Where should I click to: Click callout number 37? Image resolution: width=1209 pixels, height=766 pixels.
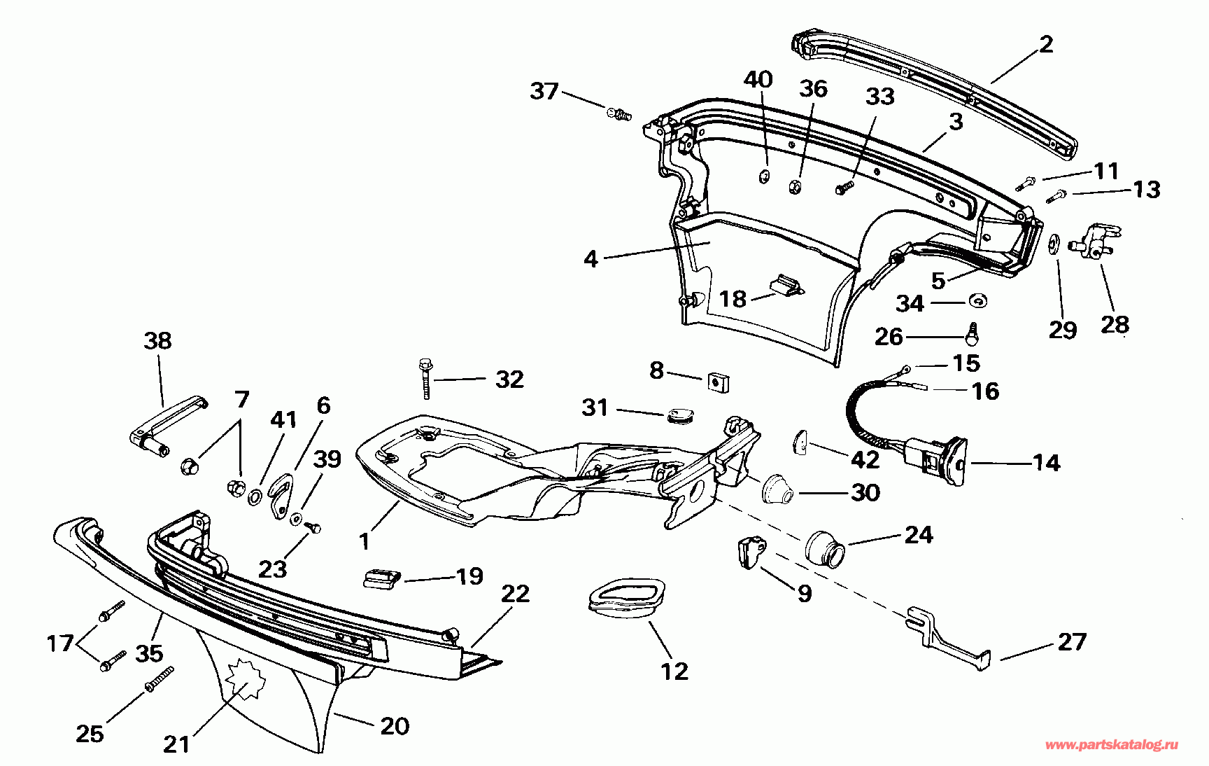544,91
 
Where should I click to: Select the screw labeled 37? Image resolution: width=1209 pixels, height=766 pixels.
618,113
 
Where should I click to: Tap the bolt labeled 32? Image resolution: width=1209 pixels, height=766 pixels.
425,377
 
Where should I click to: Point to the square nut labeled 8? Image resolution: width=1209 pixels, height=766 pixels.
718,382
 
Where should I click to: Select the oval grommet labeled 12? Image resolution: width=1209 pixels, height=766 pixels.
625,599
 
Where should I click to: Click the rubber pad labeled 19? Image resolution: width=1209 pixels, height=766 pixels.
382,579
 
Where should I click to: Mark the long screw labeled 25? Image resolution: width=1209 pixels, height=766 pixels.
160,679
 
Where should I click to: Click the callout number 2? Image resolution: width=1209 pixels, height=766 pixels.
1046,45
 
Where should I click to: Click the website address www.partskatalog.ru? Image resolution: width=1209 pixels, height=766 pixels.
1111,745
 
